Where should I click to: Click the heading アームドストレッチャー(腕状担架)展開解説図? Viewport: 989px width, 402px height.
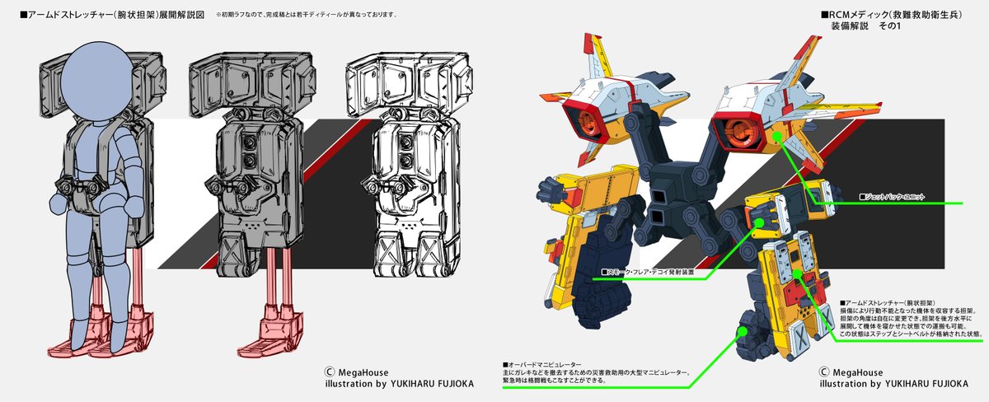[108, 15]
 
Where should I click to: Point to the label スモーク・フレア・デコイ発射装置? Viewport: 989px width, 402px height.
[648, 270]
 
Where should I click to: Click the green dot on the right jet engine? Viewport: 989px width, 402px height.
[776, 134]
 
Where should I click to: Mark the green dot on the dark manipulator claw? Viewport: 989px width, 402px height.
[740, 330]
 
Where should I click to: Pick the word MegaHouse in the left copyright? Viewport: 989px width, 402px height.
[366, 370]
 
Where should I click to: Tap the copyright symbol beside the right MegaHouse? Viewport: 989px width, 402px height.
[824, 370]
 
